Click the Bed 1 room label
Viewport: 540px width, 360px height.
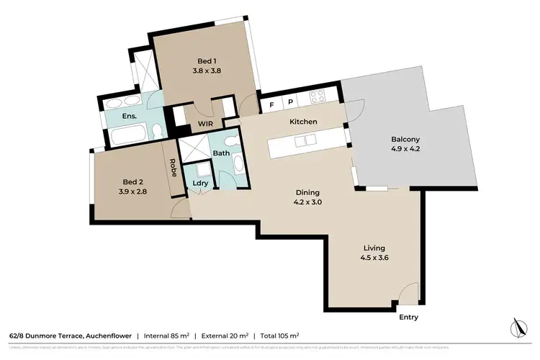[x=207, y=61]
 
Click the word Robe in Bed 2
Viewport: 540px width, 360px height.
[x=174, y=167]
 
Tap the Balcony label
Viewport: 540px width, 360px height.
[x=405, y=139]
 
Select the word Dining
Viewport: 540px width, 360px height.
[x=307, y=192]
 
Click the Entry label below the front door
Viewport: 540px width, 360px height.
[x=408, y=317]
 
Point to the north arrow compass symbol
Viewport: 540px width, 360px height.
[x=516, y=328]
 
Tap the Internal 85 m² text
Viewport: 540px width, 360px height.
[x=172, y=336]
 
